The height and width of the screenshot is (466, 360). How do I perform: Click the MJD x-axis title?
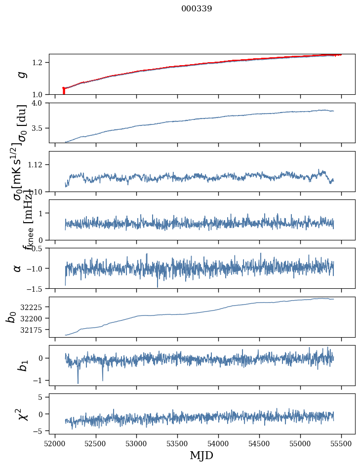(x=201, y=455)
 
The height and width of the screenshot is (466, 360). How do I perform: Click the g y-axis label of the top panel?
(x=21, y=75)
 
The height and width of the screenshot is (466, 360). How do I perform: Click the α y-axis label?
(x=18, y=268)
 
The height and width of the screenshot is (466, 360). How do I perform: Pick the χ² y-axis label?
(x=21, y=414)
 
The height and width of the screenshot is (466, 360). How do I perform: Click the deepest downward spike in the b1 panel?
(x=78, y=383)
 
